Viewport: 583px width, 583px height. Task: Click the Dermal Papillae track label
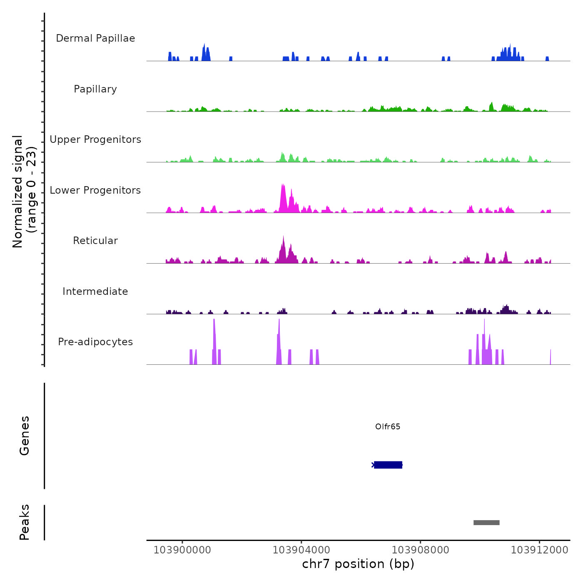(x=95, y=38)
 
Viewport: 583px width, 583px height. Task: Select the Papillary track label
(x=95, y=89)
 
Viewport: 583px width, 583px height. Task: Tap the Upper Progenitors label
(x=95, y=140)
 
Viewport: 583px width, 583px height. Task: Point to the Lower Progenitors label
(x=95, y=190)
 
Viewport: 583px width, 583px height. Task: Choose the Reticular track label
(x=95, y=241)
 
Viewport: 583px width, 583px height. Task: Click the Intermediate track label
(x=95, y=291)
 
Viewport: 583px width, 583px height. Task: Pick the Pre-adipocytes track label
(x=95, y=342)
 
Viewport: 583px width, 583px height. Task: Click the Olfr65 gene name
(x=388, y=426)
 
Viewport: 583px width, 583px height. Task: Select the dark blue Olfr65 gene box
(x=388, y=465)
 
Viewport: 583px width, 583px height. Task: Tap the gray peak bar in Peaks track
(x=486, y=523)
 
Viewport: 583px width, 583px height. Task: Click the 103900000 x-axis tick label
(x=182, y=550)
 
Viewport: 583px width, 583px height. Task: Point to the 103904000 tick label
(x=301, y=550)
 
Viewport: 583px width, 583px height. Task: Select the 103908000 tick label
(x=421, y=550)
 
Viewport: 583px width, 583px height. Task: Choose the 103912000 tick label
(x=540, y=550)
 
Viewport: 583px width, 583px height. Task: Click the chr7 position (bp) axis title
(x=358, y=564)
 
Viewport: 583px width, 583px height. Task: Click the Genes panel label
(x=25, y=436)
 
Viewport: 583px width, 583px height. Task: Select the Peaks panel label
(x=25, y=522)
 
